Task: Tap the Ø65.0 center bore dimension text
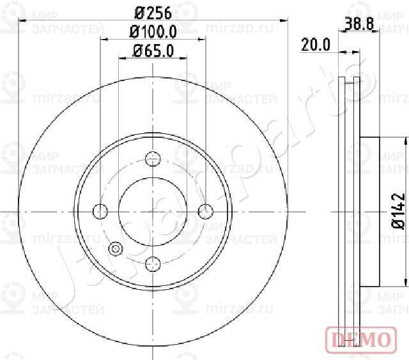coord(153,52)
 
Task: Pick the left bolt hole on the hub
coord(101,211)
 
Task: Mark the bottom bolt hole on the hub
coord(153,262)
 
